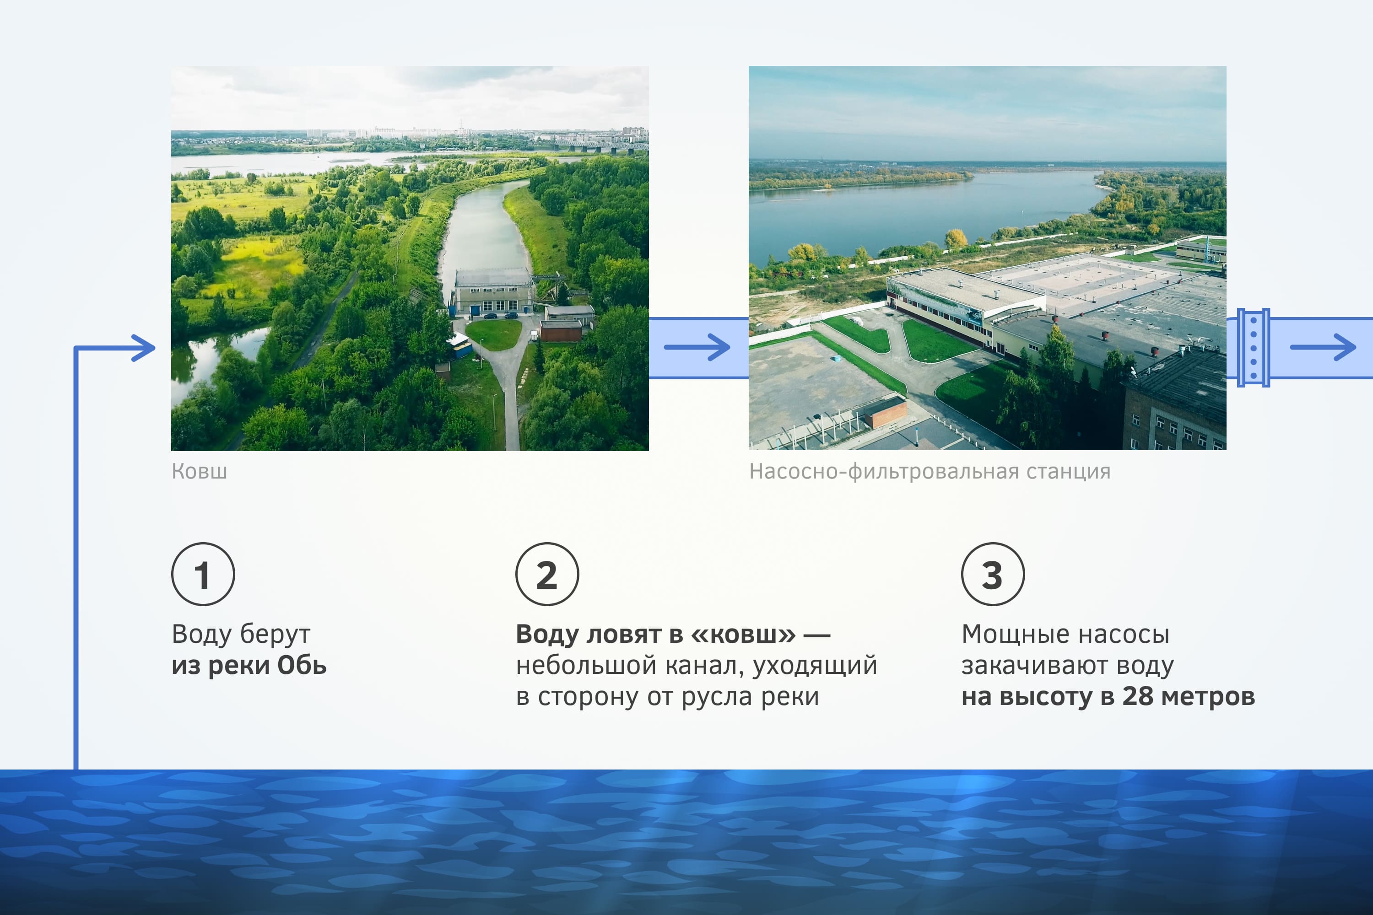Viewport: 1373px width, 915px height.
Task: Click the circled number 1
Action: click(203, 574)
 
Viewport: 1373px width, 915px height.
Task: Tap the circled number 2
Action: click(547, 574)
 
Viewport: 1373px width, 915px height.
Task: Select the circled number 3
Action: click(992, 574)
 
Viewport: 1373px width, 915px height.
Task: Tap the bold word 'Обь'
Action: click(302, 665)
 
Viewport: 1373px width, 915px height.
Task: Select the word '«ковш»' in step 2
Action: click(743, 634)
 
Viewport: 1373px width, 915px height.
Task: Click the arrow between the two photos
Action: click(697, 347)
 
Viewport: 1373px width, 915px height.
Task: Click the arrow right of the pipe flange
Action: click(1323, 347)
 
